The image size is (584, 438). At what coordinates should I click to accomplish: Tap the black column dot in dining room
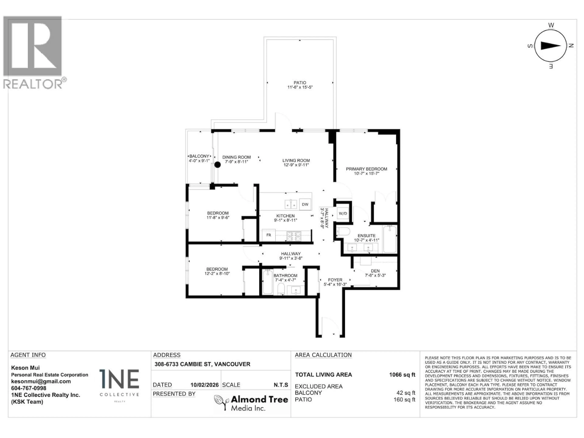217,165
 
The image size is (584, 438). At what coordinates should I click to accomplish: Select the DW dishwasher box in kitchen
305,204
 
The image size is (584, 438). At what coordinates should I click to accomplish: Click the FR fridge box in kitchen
268,235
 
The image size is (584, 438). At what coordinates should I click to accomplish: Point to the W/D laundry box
343,213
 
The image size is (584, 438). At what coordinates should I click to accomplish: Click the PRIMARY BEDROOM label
367,169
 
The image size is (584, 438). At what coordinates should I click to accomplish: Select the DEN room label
375,271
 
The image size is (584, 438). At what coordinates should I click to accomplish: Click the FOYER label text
335,280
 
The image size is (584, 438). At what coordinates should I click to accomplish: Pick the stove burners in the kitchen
294,236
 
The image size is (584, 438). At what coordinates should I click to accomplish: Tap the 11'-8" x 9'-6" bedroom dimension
218,217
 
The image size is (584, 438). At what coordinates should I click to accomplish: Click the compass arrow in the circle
551,46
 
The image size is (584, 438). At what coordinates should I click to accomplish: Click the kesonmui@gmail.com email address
41,381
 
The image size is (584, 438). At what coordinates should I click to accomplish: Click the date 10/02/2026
204,385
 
